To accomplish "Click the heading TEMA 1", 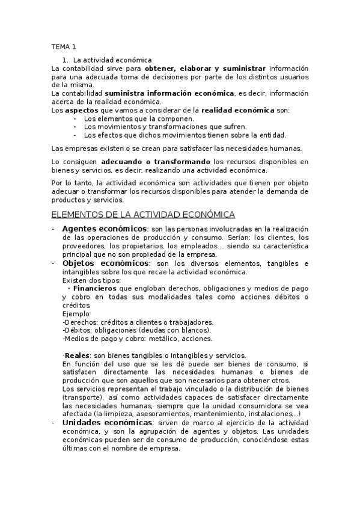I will pos(64,47).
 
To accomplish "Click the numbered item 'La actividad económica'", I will pos(112,60).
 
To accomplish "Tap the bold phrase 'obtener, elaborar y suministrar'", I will pos(205,69).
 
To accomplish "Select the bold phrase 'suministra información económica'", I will pos(169,94).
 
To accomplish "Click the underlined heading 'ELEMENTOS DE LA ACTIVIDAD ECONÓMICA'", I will pos(144,214).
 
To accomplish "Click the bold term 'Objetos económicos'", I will pos(105,263).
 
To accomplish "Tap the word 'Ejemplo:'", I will pos(76,313).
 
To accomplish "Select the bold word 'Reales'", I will pos(78,355).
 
